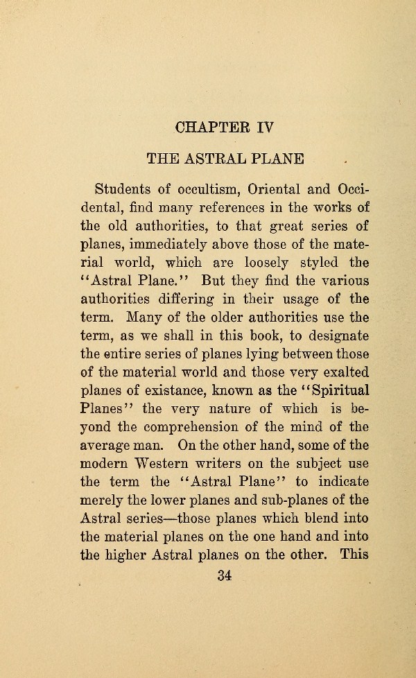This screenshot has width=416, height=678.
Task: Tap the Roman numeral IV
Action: [x=266, y=128]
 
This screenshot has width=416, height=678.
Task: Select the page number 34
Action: [x=223, y=573]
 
